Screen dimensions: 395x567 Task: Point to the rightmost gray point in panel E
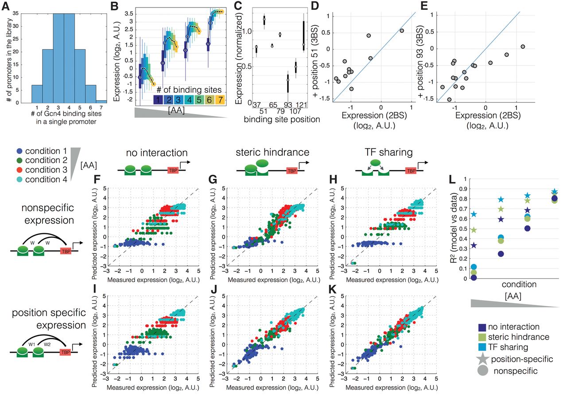click(x=523, y=47)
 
